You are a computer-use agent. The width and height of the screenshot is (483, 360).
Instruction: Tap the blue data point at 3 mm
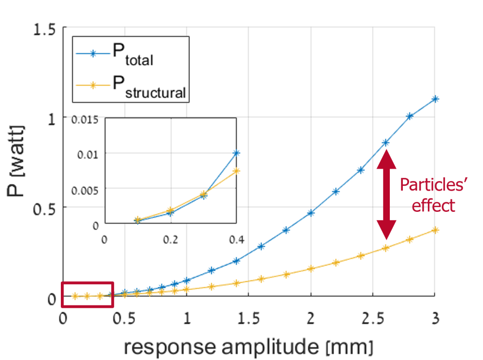pos(435,99)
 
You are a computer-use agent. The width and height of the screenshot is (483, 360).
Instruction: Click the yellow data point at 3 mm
pos(435,230)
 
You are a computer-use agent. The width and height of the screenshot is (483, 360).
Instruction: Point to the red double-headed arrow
pos(386,195)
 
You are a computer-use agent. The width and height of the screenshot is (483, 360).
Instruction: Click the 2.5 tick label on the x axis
pos(372,319)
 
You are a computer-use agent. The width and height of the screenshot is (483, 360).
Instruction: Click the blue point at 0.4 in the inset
pos(236,153)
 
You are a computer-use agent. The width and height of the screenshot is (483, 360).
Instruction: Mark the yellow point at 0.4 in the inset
pos(236,170)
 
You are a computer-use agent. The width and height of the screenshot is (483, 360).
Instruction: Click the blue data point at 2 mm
pos(311,212)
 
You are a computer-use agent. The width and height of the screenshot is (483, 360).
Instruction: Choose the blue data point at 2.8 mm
pos(410,116)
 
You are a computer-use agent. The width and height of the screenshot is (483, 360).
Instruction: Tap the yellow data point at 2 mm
pos(311,268)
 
